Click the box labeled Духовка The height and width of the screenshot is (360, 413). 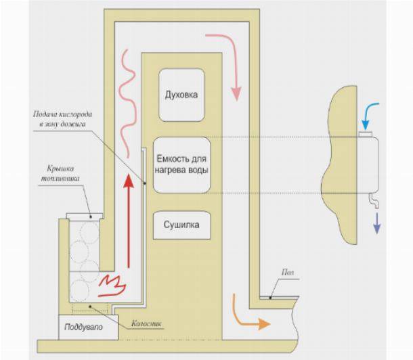[181, 94]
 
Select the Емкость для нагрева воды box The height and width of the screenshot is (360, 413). [181, 165]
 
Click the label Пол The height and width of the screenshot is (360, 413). [285, 271]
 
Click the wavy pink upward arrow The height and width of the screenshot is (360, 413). [126, 88]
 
